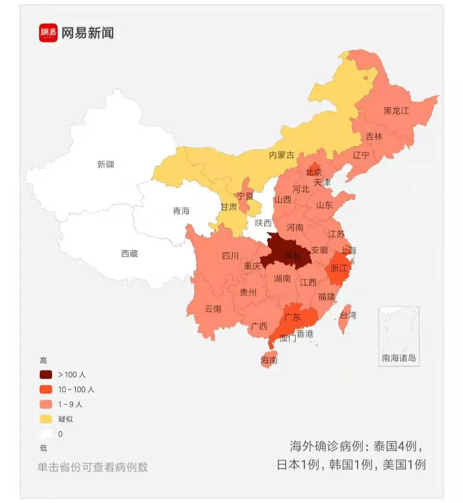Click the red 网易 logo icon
(x=48, y=33)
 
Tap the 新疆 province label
(x=105, y=164)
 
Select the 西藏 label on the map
(x=129, y=254)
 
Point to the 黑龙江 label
(x=396, y=111)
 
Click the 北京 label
(x=313, y=172)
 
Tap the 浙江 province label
(x=339, y=268)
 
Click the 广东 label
(x=292, y=317)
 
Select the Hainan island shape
(x=269, y=360)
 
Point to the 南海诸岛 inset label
(x=399, y=358)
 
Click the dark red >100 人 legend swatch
(x=46, y=375)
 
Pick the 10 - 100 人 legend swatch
(x=46, y=389)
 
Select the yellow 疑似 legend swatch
(x=46, y=419)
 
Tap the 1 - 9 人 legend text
(x=70, y=404)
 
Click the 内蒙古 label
(x=282, y=155)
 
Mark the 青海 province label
(x=181, y=211)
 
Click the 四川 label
(x=230, y=256)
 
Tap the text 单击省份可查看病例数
(x=93, y=467)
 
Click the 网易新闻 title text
(x=87, y=33)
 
